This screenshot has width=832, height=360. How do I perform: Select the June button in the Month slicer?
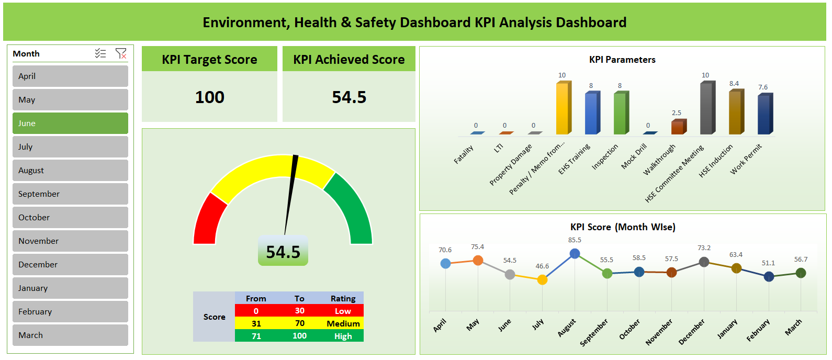(x=70, y=123)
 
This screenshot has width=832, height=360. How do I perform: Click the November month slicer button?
(x=70, y=241)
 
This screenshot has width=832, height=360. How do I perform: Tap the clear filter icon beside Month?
(x=121, y=53)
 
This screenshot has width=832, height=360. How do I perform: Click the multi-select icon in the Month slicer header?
(x=100, y=53)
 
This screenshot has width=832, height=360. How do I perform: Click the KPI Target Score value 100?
(x=209, y=97)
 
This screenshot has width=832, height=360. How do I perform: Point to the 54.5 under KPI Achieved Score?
(x=349, y=97)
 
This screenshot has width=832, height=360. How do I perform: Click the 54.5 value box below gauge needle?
(x=283, y=252)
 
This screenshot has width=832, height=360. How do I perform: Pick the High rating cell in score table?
(x=343, y=336)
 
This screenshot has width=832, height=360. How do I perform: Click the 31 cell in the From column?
(x=256, y=323)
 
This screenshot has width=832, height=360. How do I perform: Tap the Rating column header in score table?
(x=343, y=298)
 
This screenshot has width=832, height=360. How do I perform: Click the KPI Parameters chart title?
(x=622, y=60)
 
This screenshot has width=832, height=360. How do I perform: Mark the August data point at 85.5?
(x=575, y=254)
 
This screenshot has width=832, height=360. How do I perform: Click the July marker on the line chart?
(x=542, y=280)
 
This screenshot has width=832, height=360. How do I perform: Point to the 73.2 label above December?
(x=704, y=248)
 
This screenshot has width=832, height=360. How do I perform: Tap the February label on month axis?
(x=758, y=330)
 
